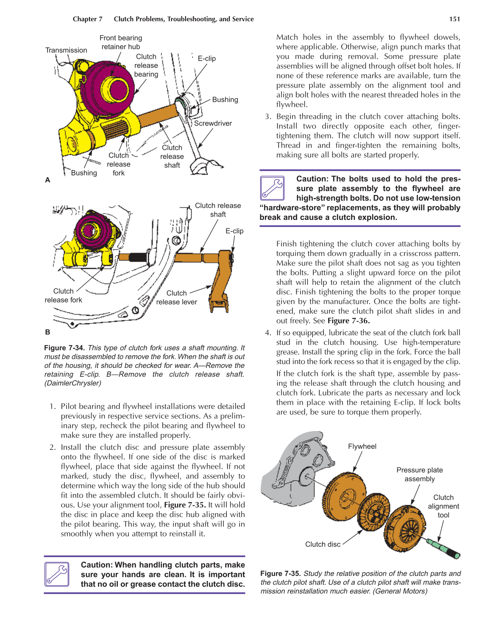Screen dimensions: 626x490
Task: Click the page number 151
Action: [454, 19]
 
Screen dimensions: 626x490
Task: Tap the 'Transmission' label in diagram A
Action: [66, 50]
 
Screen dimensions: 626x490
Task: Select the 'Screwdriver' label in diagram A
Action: [213, 123]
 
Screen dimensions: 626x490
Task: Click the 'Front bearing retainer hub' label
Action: [121, 42]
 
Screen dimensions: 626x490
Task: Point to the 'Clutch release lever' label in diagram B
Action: [176, 298]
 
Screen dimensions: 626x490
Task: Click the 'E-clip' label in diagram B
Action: [234, 231]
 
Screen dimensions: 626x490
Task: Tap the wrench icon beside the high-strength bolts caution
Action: [272, 188]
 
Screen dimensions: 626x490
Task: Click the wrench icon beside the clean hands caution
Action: [57, 574]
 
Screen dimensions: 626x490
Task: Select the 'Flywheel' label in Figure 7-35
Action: [362, 446]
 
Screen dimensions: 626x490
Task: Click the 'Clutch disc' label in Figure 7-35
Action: [323, 544]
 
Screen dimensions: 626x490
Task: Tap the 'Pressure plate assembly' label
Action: [420, 474]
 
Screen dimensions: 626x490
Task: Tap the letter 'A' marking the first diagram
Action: [47, 180]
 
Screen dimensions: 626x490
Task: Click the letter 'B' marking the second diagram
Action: [47, 332]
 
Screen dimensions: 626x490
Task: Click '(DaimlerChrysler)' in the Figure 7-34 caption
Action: [72, 383]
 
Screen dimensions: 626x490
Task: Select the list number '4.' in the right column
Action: [268, 333]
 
